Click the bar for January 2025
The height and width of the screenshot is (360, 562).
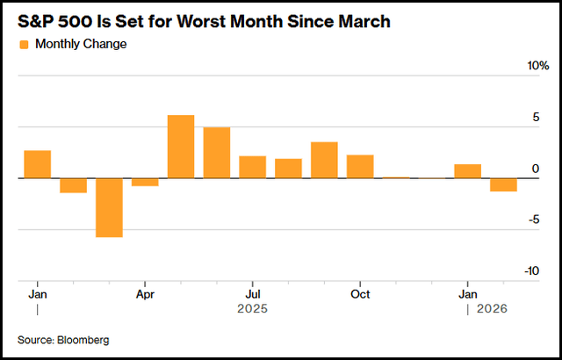pos(37,164)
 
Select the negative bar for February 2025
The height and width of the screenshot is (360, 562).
pos(73,185)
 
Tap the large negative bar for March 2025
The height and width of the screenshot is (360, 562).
pos(109,207)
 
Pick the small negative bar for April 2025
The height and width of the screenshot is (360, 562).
pos(145,182)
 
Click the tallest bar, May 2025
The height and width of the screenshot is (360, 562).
pos(181,147)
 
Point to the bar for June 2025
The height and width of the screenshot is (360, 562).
pos(217,153)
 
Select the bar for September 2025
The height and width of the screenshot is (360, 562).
pos(324,160)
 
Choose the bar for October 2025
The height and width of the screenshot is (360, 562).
pos(360,166)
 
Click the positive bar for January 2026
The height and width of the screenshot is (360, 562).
pos(467,171)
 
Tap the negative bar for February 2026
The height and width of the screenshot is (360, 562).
pos(503,184)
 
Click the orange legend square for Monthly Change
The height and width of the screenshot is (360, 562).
pos(24,44)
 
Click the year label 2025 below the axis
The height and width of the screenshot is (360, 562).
pos(252,309)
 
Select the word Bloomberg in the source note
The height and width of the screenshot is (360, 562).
pos(86,339)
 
